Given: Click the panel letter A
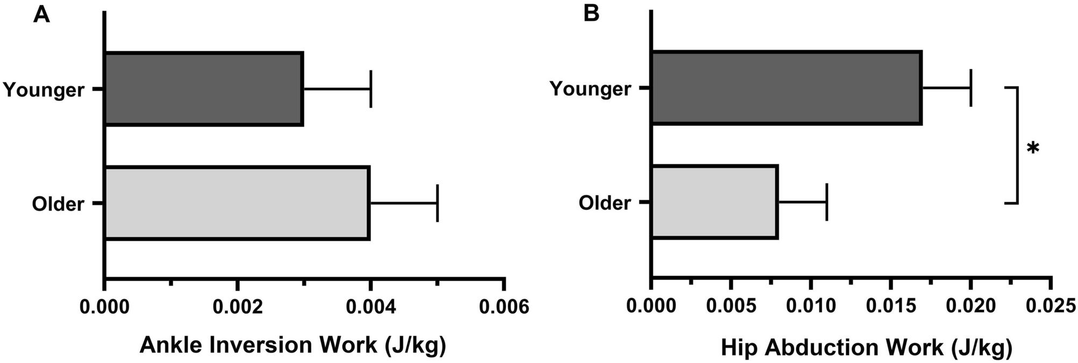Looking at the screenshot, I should click(41, 14).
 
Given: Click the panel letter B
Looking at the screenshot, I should click(592, 14).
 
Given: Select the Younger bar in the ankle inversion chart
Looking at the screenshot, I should click(204, 89).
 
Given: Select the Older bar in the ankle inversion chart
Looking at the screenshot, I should click(237, 204).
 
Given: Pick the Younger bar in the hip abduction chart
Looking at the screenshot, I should click(786, 88).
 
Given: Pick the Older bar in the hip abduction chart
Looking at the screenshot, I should click(714, 202).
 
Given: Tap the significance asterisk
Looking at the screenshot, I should click(1032, 148).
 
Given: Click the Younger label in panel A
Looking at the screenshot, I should click(44, 90).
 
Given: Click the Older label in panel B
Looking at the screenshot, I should click(605, 203).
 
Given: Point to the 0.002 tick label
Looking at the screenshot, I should click(238, 307).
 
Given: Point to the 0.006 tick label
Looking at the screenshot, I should click(504, 307).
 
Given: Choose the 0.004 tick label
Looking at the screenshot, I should click(370, 307).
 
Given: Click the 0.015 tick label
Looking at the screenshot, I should click(890, 307).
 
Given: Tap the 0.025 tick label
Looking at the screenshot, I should click(1050, 307).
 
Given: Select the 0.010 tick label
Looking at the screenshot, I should click(811, 307).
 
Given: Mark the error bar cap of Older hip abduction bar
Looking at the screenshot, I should click(827, 202).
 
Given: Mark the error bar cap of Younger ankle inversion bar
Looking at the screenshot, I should click(371, 89).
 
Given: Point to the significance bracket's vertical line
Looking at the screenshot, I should click(1017, 145).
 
